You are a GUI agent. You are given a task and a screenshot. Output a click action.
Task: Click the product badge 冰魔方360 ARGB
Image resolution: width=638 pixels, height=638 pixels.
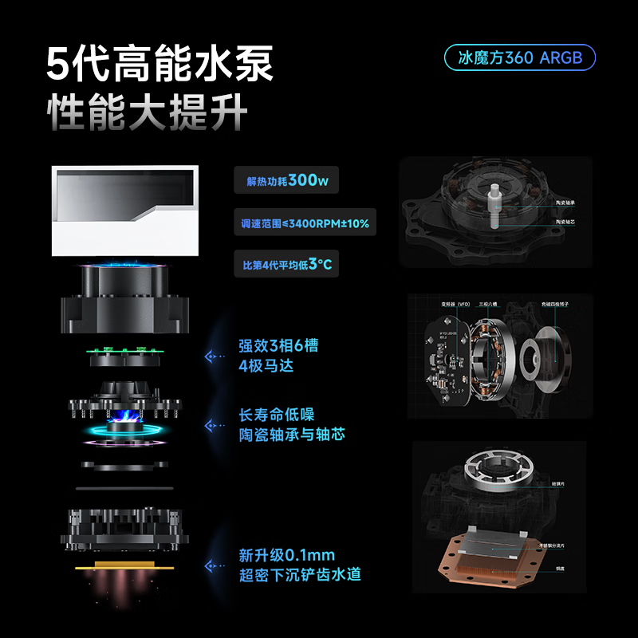pyautogui.click(x=519, y=57)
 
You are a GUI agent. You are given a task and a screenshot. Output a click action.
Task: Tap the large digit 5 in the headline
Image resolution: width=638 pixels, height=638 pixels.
pyautogui.click(x=66, y=63)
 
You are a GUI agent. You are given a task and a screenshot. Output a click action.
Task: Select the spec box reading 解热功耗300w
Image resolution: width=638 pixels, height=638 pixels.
pyautogui.click(x=286, y=180)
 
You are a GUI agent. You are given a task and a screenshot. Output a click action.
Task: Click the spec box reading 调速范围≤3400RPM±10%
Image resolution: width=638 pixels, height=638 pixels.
pyautogui.click(x=305, y=223)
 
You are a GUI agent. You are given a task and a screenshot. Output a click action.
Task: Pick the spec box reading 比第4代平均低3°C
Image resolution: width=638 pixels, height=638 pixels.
pyautogui.click(x=286, y=264)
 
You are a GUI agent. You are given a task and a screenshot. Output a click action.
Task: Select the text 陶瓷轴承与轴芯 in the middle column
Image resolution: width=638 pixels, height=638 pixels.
pyautogui.click(x=292, y=435)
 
